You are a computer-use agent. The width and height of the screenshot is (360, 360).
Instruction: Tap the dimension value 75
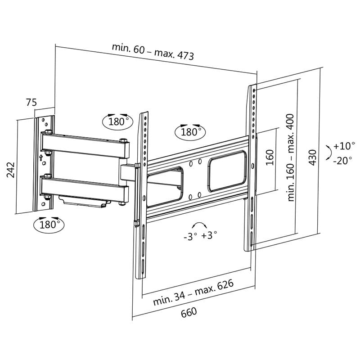click(x=31, y=103)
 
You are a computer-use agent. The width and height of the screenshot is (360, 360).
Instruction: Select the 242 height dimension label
click(x=11, y=170)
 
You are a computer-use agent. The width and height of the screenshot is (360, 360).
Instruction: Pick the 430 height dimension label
click(x=313, y=156)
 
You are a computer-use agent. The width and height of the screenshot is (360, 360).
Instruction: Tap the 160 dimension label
click(x=270, y=157)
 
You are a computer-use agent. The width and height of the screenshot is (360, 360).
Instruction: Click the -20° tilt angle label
click(x=343, y=160)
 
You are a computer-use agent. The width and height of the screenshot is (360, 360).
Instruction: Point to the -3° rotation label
click(x=190, y=236)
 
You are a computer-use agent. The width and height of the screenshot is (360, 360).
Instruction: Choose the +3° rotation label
click(x=209, y=235)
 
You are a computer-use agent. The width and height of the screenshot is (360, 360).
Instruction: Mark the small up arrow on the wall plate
click(x=41, y=157)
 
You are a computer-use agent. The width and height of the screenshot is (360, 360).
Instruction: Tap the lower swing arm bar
click(x=85, y=189)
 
